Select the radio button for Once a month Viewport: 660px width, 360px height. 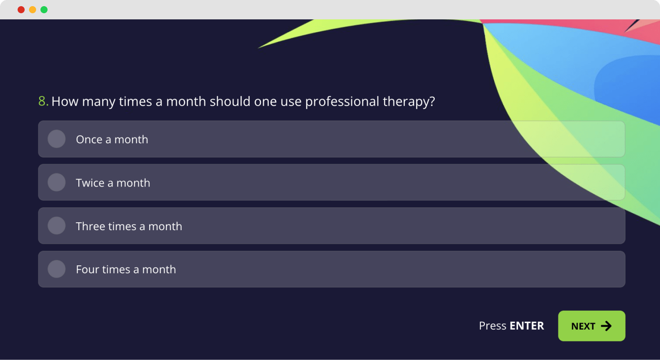(56, 139)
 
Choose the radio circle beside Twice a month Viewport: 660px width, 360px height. (56, 182)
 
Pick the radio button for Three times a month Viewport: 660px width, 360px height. (56, 226)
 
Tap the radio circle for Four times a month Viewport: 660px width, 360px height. (56, 269)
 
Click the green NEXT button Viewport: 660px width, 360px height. (591, 326)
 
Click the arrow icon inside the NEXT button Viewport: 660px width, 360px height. (606, 326)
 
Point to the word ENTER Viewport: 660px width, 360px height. (527, 326)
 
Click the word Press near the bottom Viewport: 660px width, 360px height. (492, 326)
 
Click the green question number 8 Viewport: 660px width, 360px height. (43, 101)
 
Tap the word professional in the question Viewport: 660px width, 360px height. (342, 102)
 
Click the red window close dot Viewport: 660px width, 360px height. (21, 10)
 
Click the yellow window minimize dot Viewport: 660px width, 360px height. (33, 10)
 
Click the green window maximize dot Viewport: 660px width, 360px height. (44, 10)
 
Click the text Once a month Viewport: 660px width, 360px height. (112, 140)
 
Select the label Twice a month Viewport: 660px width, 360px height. (113, 183)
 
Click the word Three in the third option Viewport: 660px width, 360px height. (90, 226)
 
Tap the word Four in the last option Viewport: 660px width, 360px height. (87, 269)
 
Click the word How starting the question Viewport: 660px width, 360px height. (65, 102)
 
